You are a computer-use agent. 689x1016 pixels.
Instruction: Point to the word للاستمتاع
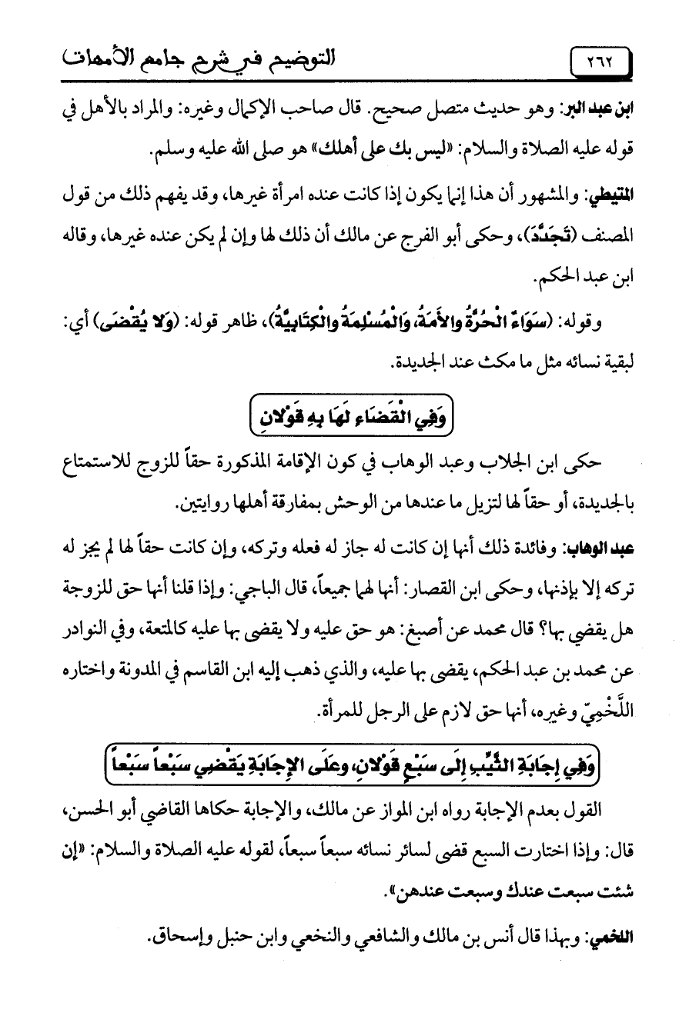(91, 463)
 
